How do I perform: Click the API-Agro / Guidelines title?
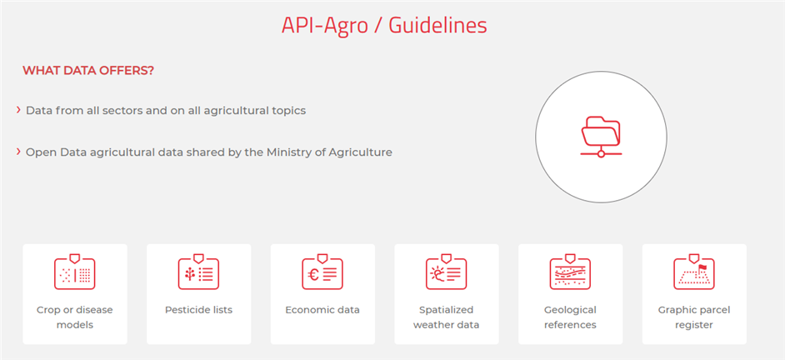384,25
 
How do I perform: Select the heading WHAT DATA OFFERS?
88,71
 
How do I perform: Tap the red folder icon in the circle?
601,137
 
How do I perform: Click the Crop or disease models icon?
75,272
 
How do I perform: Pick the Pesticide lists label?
199,310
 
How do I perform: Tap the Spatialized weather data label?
446,317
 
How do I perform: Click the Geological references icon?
570,272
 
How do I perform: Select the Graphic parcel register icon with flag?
694,272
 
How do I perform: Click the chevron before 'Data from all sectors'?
18,110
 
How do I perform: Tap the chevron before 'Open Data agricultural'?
18,151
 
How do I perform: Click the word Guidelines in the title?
438,25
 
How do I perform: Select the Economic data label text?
322,310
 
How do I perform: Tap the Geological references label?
570,317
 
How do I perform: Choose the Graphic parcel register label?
694,317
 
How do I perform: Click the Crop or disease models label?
75,317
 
